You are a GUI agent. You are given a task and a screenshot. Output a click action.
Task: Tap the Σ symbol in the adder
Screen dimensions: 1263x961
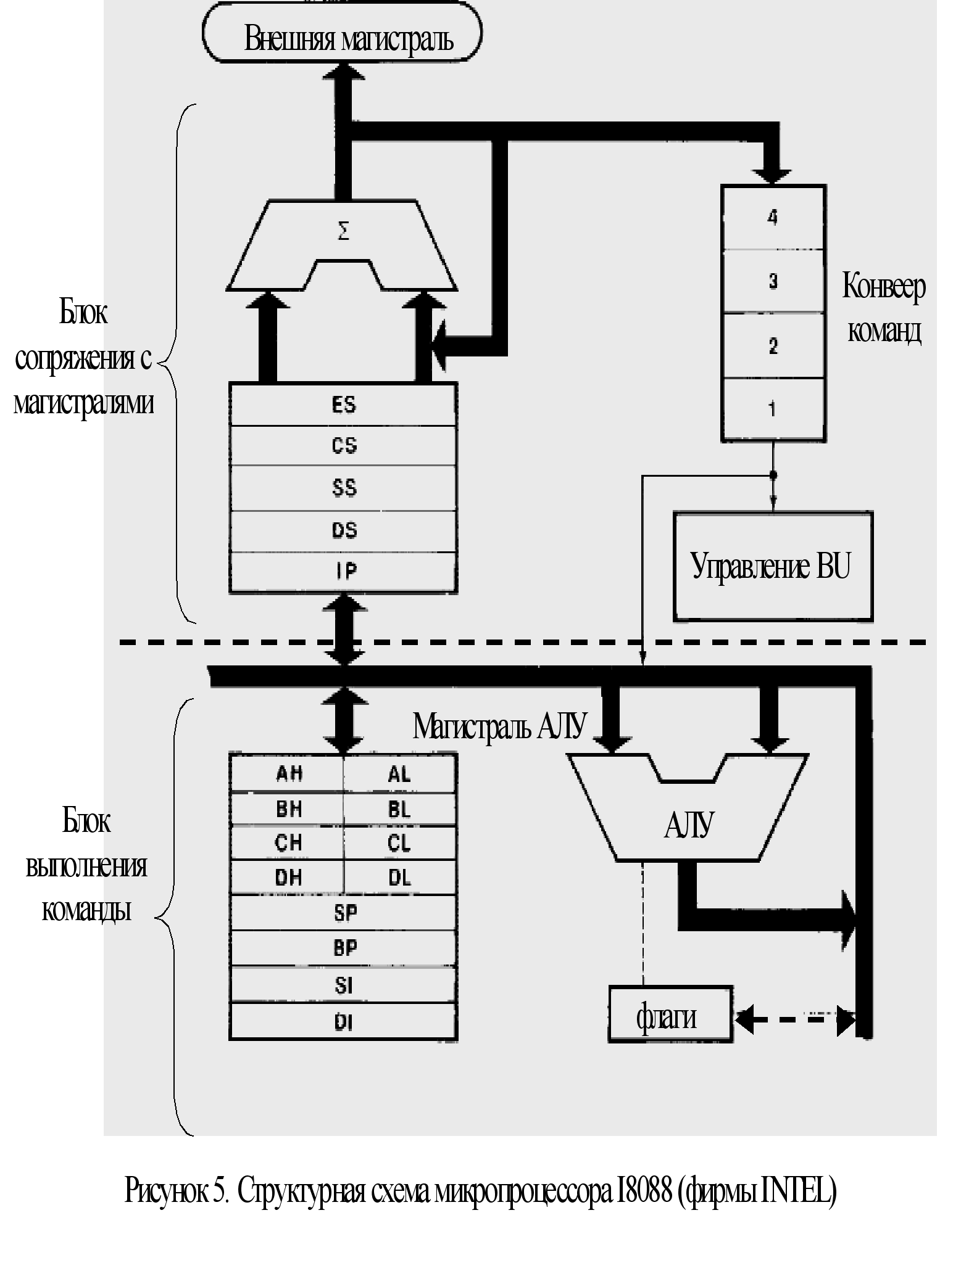[344, 232]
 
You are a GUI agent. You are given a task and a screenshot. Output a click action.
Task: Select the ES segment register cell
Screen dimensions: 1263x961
[343, 405]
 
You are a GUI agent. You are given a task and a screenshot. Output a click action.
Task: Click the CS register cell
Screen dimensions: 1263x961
[343, 445]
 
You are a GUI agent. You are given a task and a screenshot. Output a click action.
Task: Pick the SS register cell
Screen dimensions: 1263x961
[343, 488]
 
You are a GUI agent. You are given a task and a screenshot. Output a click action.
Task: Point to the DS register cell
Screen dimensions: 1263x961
[343, 530]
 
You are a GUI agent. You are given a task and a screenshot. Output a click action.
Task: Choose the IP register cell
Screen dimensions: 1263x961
[343, 572]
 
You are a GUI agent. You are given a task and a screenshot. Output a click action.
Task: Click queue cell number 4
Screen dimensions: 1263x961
[773, 218]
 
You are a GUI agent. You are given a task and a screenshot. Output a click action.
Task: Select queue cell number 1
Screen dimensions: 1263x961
[773, 409]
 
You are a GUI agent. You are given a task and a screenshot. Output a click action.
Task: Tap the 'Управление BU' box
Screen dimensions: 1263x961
[772, 566]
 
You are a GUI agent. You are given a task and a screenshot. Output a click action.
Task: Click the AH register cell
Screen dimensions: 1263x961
[288, 773]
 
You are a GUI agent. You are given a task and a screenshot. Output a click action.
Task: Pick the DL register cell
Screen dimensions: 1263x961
[399, 877]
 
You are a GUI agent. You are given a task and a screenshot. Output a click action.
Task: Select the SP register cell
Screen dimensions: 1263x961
[344, 912]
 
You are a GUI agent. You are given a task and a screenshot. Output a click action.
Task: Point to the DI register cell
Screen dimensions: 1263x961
[344, 1022]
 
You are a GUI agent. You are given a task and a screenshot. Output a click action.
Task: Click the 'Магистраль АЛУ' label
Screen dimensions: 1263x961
[499, 726]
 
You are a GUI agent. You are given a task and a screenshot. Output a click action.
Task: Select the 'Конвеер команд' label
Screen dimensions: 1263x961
[884, 308]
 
